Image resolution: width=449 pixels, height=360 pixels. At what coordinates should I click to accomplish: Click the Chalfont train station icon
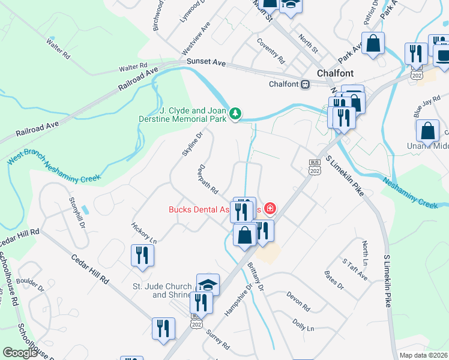306,85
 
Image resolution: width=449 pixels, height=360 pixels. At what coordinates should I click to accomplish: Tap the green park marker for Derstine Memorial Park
236,112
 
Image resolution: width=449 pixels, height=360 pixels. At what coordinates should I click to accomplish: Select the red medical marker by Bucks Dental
270,208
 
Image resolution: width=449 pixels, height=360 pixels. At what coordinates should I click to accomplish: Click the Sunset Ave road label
205,62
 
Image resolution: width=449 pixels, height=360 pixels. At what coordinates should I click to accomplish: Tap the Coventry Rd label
270,51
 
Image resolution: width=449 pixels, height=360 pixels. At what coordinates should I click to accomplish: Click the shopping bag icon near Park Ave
373,43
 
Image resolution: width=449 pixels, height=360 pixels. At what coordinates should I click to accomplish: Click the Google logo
20,353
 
